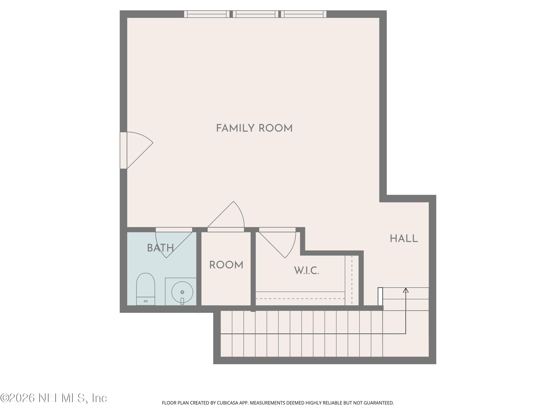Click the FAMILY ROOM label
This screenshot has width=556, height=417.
(254, 128)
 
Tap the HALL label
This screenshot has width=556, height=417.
(404, 239)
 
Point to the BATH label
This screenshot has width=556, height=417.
(160, 248)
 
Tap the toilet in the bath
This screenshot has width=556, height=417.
(145, 289)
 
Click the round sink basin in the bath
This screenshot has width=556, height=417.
(182, 292)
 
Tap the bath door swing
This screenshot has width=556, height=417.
(174, 243)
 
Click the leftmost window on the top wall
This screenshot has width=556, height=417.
(207, 14)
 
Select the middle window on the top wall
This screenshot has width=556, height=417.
(255, 14)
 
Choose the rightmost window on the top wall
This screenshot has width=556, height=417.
(304, 14)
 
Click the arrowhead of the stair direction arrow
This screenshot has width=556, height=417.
(406, 290)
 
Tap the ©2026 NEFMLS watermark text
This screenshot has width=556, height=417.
(54, 398)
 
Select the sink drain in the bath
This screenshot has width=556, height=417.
(182, 292)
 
